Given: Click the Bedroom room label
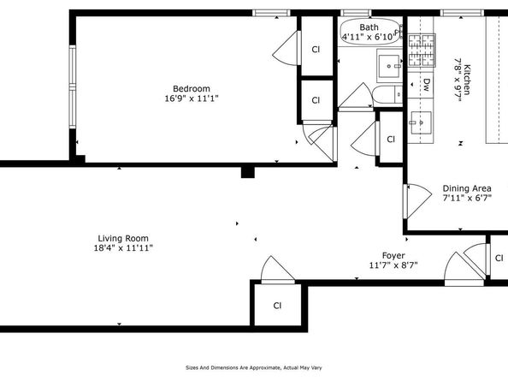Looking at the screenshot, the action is click(192, 88).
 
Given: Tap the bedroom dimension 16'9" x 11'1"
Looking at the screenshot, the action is click(192, 98).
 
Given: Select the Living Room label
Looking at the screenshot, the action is click(123, 238).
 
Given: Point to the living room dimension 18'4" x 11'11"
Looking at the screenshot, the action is click(123, 248).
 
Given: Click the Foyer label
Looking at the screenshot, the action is click(393, 256).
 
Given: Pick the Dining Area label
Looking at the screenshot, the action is click(467, 188).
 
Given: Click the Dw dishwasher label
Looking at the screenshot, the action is click(427, 85).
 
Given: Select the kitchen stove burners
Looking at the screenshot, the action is click(421, 50).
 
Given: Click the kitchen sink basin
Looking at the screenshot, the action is click(421, 122).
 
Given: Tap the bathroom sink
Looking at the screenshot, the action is click(389, 66).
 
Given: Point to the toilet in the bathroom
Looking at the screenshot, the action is click(387, 96).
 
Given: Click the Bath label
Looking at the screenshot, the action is click(369, 27).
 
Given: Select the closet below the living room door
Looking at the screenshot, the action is click(278, 306).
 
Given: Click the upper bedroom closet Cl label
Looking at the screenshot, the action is click(316, 50).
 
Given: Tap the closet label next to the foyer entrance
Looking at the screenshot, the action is click(499, 258).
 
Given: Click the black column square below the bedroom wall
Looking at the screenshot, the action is click(248, 172).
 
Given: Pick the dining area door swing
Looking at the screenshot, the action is click(418, 201).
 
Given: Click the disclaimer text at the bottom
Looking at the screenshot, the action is click(254, 367).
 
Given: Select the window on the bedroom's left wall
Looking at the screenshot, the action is click(72, 86).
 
